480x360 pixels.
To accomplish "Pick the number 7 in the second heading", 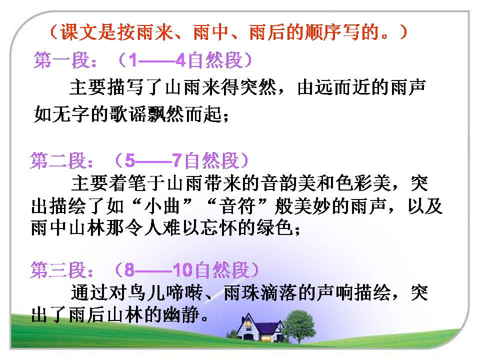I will (x=176, y=161).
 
